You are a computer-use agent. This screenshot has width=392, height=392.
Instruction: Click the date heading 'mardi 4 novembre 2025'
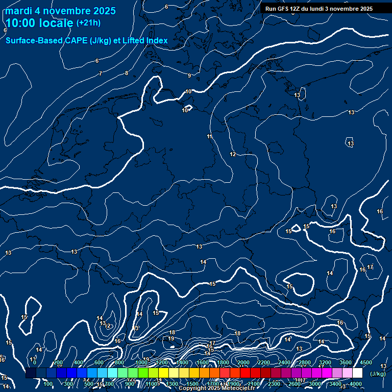point(61,11)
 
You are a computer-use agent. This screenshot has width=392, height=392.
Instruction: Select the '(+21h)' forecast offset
point(88,23)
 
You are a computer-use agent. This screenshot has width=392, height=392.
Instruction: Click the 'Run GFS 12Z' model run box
point(319,9)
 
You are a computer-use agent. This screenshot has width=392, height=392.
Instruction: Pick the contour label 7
point(101,74)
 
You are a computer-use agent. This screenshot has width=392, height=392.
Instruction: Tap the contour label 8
point(127,73)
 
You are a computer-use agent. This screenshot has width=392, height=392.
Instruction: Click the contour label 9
point(189,76)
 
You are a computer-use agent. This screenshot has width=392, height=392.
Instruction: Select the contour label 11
point(210,136)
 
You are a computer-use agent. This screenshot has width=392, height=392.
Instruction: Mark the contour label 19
point(171,338)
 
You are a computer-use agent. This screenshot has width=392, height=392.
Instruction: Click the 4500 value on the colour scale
point(366,362)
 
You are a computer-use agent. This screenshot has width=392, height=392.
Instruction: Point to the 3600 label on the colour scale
point(346,362)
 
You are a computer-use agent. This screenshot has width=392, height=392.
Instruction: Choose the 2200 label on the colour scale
point(264,362)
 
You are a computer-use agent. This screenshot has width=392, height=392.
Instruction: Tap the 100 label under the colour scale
point(48,384)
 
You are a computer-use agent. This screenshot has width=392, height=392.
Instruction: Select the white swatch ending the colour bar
point(357,373)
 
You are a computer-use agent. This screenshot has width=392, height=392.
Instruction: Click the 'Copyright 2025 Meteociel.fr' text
point(216,388)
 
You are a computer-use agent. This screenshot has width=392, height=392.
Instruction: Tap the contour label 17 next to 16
point(371,267)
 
